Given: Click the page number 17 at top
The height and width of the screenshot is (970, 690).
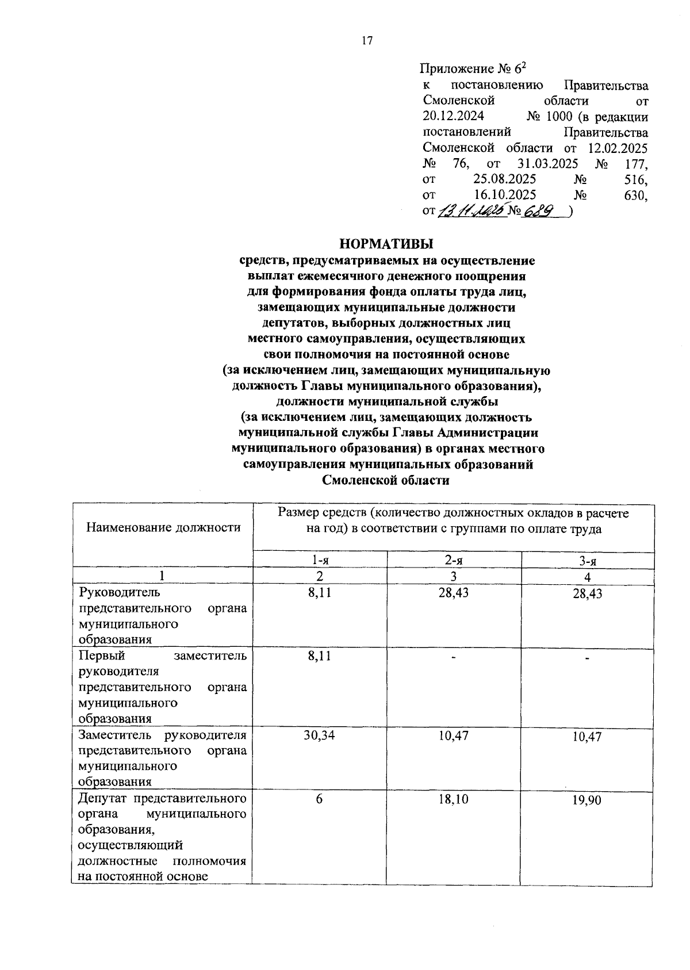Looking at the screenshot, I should click(x=367, y=40).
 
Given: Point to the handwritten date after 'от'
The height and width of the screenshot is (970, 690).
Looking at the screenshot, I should click(x=471, y=212).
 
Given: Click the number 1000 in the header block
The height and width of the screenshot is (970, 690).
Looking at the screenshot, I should click(x=559, y=117).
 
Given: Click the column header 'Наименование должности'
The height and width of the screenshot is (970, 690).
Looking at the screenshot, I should click(x=163, y=527).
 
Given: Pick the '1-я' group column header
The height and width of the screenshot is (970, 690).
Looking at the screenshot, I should click(x=320, y=561).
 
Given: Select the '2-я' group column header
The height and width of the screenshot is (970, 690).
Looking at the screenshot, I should click(x=454, y=561).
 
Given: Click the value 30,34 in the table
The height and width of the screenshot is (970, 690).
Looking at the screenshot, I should click(x=320, y=735).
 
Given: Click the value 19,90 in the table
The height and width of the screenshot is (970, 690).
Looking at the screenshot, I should click(x=587, y=800).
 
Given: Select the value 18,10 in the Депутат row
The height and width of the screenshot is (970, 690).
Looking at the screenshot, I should click(x=454, y=799).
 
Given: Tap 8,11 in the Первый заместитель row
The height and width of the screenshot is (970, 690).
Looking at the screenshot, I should click(x=320, y=656).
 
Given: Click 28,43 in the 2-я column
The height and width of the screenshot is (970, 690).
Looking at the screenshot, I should click(x=454, y=592).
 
